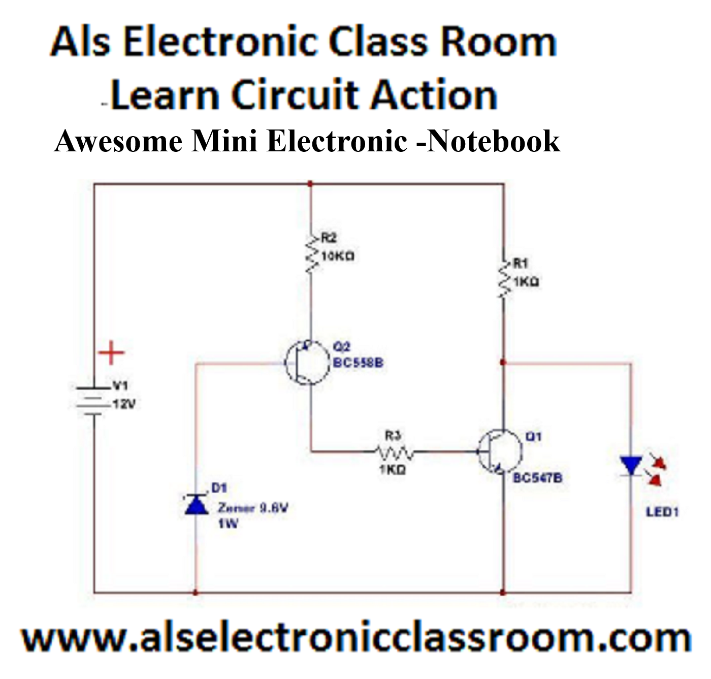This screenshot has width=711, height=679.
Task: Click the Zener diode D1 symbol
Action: [196, 505]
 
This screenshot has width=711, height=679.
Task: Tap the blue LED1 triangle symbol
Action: [631, 465]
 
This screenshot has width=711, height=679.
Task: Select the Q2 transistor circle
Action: [307, 363]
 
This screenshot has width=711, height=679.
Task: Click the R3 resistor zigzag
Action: [394, 451]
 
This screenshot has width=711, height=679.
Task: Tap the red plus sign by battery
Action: [111, 352]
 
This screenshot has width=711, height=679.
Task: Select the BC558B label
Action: [358, 363]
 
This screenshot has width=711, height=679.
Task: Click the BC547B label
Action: [537, 477]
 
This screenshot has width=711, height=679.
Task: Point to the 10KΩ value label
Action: [338, 255]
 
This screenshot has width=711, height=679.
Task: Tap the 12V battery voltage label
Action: [124, 404]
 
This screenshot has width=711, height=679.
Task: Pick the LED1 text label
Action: [662, 512]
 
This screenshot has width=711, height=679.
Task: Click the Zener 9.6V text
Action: [253, 507]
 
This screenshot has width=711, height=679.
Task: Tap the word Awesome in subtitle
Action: [118, 141]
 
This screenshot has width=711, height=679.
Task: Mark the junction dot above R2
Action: [310, 184]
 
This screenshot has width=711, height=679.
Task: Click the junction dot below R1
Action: [503, 362]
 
